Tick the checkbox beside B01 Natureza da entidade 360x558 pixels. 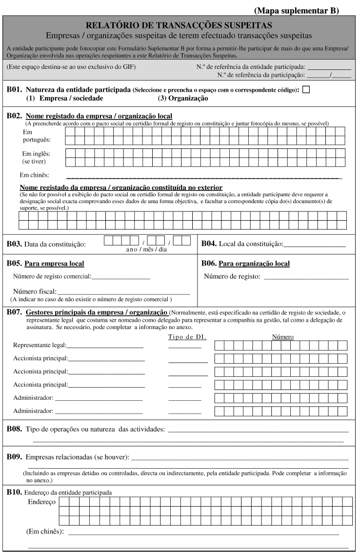(x=306, y=89)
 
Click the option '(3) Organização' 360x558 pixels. (x=183, y=98)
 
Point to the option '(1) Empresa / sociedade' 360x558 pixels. (x=64, y=98)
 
